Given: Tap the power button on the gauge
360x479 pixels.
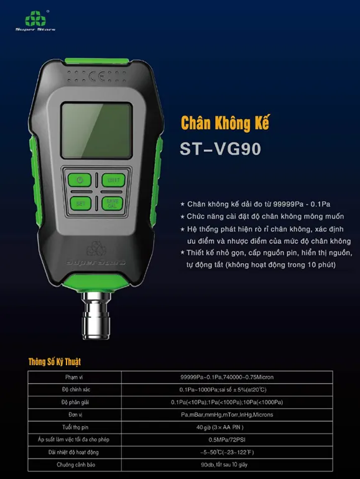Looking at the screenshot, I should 80,180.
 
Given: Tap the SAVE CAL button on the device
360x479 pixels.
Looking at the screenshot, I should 113,203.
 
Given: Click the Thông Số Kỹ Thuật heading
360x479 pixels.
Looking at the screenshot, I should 55,362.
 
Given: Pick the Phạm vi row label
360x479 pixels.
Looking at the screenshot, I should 75,377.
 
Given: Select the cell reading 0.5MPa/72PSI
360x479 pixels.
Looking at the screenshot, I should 226,439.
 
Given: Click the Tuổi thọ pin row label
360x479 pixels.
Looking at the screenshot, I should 75,427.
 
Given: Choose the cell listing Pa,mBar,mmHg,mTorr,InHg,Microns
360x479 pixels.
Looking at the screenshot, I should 226,414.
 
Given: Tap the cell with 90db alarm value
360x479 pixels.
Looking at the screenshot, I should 226,464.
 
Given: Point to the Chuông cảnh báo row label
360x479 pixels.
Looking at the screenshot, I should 75,464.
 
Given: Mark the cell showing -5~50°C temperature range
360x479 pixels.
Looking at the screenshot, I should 226,452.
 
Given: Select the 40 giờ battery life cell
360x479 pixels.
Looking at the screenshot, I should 226,427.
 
